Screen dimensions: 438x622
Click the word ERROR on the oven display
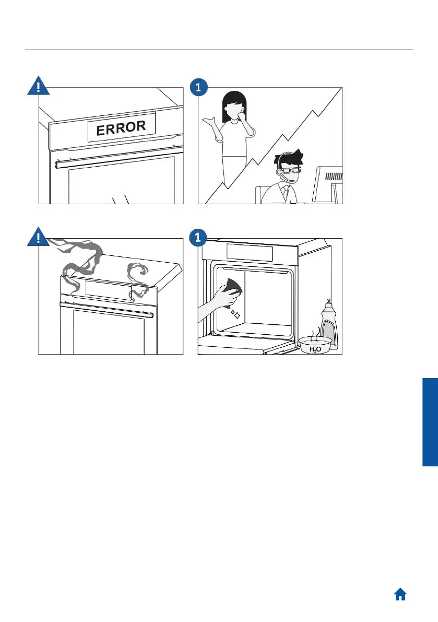coord(121,128)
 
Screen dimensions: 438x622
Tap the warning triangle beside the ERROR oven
coord(39,86)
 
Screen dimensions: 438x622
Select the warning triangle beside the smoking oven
coord(39,237)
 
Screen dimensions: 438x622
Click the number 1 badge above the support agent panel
coord(198,87)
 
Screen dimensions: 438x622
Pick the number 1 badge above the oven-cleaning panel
coord(198,238)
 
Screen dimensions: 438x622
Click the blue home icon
coord(400,594)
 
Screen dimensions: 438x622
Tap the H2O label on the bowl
coord(315,349)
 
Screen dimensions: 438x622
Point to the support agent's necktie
coord(285,193)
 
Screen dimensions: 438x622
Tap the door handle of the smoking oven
coord(106,310)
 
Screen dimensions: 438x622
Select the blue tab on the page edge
coord(430,422)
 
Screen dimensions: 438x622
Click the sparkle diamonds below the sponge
coord(235,315)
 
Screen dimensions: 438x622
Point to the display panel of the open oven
coord(250,252)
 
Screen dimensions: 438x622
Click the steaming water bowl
coord(315,344)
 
